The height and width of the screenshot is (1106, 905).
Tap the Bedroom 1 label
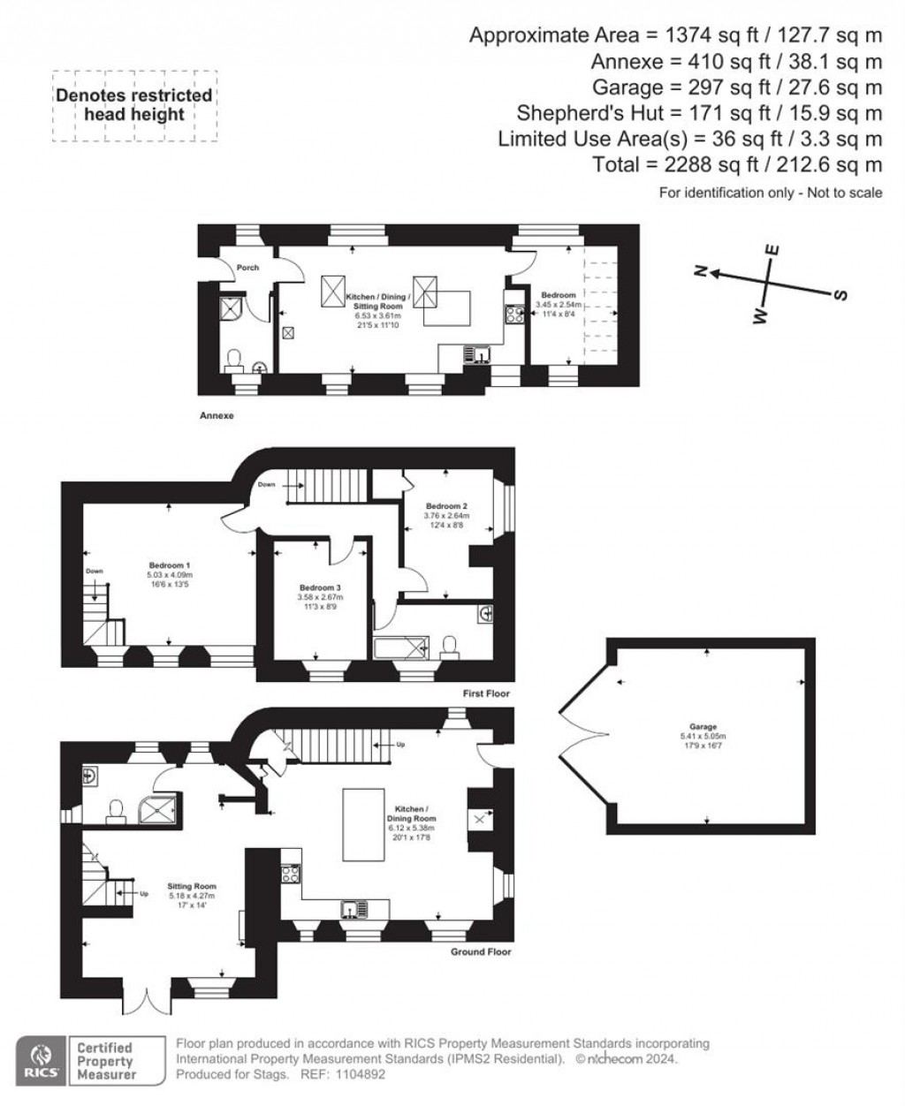pyautogui.click(x=170, y=565)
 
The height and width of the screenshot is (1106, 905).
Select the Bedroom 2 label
pyautogui.click(x=445, y=506)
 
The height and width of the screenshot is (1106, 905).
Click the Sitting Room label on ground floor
pyautogui.click(x=192, y=886)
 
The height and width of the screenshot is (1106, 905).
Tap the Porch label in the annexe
pyautogui.click(x=247, y=268)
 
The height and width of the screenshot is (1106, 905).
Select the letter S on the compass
pyautogui.click(x=840, y=295)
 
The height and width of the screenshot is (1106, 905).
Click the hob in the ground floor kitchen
pyautogui.click(x=291, y=875)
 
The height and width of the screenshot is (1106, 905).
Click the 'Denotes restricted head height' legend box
pyautogui.click(x=133, y=105)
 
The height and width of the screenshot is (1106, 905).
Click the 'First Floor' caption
pyautogui.click(x=487, y=693)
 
